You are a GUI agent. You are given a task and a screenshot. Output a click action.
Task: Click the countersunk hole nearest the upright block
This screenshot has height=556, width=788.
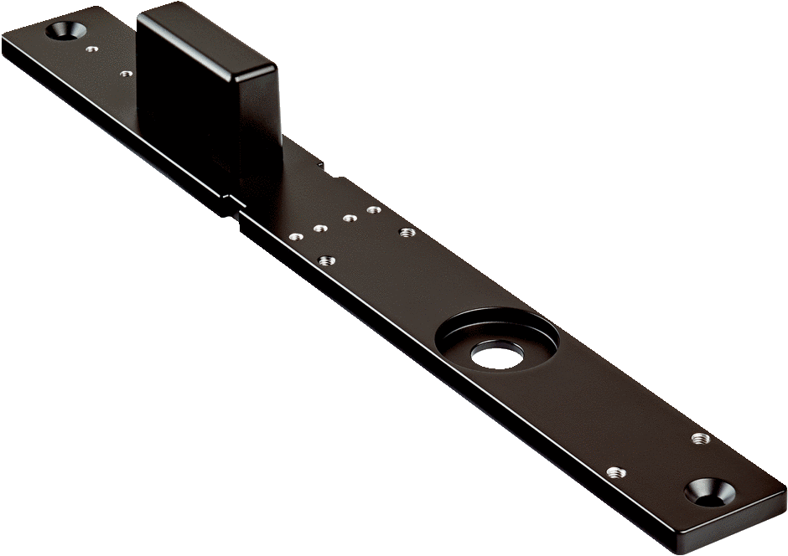tap(65, 31)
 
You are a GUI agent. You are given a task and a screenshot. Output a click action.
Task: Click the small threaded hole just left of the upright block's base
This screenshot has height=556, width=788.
tap(126, 74)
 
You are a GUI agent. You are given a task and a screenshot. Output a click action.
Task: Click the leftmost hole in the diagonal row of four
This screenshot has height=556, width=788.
tap(293, 236)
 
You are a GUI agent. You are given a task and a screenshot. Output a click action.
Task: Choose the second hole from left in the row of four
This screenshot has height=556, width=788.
tap(319, 227)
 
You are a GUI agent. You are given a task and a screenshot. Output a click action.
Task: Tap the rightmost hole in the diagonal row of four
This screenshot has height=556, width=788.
tap(371, 208)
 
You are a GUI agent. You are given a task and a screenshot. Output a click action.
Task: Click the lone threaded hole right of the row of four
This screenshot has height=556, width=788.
tap(407, 231)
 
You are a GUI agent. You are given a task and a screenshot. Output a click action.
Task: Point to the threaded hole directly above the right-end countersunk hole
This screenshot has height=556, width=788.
tap(697, 437)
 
